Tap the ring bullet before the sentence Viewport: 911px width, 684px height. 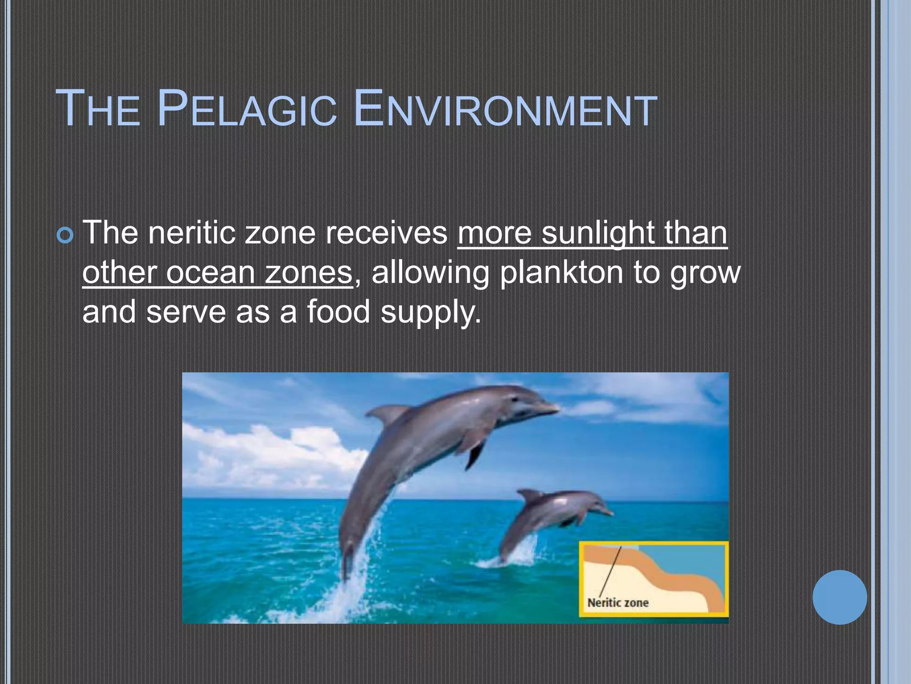[x=65, y=236]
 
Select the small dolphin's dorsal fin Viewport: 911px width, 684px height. [x=532, y=495]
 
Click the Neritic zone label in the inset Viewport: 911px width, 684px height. [x=618, y=603]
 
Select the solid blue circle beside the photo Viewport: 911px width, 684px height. [x=839, y=597]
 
